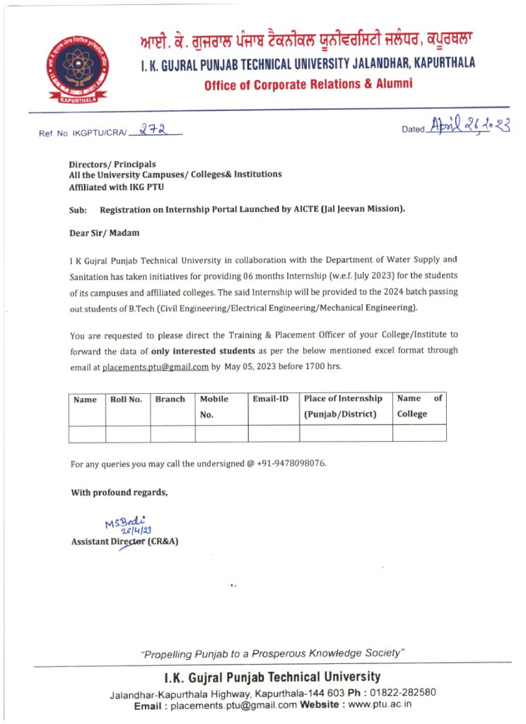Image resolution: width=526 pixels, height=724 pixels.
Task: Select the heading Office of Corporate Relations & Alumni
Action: click(308, 85)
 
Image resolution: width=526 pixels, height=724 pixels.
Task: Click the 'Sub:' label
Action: click(78, 210)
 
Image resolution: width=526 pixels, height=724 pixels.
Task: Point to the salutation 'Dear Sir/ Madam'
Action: click(105, 233)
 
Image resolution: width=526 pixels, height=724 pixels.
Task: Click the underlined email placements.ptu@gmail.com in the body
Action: click(156, 367)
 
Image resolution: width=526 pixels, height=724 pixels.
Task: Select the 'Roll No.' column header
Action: click(127, 399)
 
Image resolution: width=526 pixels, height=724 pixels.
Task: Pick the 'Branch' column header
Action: click(170, 399)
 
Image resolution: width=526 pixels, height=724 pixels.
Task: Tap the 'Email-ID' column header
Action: click(271, 399)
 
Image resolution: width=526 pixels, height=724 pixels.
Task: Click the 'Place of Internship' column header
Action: click(344, 399)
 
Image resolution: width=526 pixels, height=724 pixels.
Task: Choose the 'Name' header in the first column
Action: click(86, 400)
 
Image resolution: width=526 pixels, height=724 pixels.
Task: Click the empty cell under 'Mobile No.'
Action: click(221, 433)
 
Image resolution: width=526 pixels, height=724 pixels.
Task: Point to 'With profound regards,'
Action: click(119, 493)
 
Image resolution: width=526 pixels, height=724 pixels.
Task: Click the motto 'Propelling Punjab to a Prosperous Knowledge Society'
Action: click(272, 653)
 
